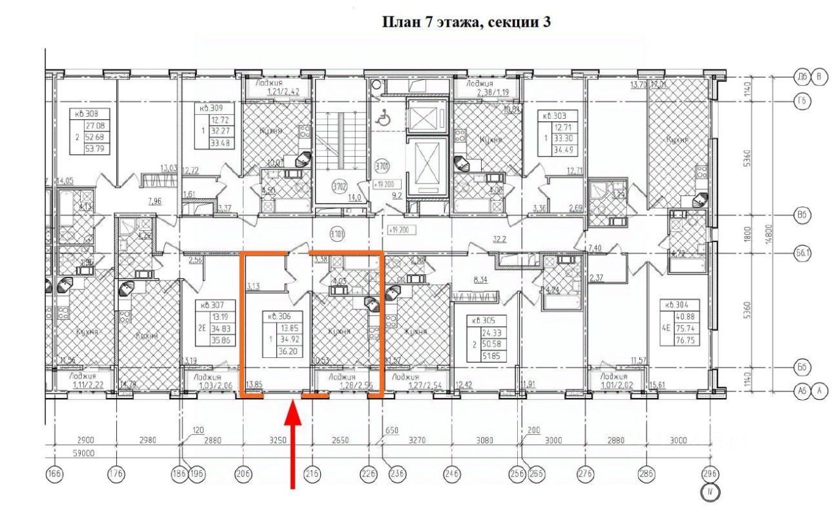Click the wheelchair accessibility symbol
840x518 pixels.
(382, 119)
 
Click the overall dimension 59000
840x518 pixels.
(83, 453)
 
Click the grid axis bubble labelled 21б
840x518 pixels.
(312, 474)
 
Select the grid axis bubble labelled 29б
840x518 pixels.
(708, 474)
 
